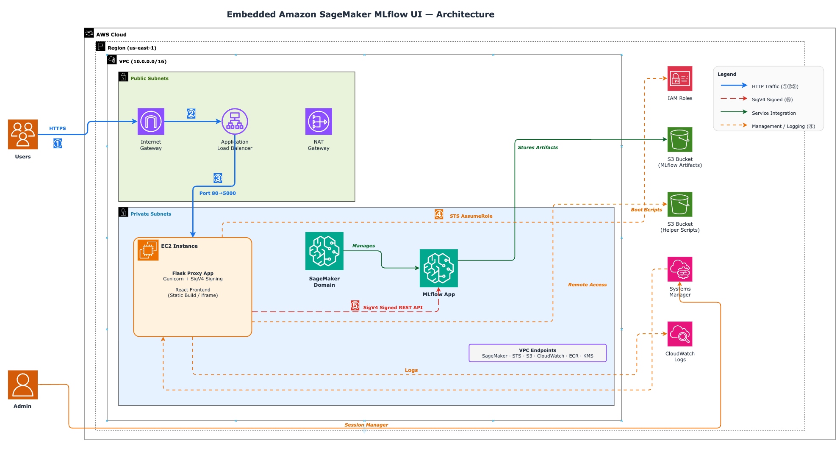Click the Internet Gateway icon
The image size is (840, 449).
coord(151,121)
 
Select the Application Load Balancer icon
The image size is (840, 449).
coord(235,121)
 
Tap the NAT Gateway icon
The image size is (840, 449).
coord(319,121)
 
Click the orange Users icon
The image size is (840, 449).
coord(23,134)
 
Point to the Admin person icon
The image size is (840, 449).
coord(23,385)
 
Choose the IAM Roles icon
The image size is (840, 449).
coord(680,78)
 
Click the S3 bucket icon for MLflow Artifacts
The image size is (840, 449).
coord(680,139)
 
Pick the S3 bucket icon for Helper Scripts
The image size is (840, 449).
coord(680,204)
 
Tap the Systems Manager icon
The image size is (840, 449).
coord(680,269)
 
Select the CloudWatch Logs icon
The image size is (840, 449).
coord(680,334)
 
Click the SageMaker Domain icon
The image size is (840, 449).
coord(324,251)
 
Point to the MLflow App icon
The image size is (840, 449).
coord(439,268)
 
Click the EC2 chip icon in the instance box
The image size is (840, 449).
coord(148,250)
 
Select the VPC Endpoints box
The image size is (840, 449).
coord(538,353)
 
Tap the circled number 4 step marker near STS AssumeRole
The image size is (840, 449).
coord(439,214)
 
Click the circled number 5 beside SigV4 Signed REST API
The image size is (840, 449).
coord(355,305)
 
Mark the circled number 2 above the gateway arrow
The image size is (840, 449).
coord(191,114)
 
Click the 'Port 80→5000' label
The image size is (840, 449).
coord(218,193)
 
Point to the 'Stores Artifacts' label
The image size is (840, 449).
coord(538,147)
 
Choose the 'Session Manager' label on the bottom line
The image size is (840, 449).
coord(366,425)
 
